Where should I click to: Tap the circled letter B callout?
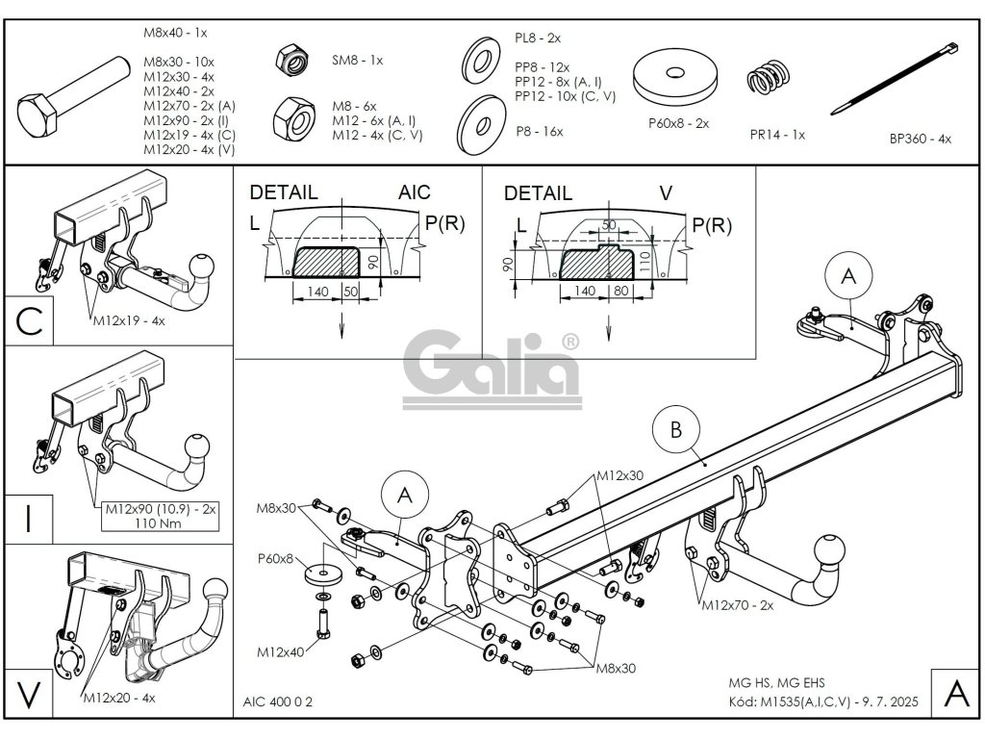pos(676,430)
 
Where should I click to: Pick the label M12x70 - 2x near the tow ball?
pos(737,605)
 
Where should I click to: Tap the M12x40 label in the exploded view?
pos(280,651)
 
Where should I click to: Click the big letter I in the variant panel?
pos(28,519)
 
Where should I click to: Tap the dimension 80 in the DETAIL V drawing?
pos(620,289)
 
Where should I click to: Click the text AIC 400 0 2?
pos(272,701)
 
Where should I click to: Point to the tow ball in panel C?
pos(202,265)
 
